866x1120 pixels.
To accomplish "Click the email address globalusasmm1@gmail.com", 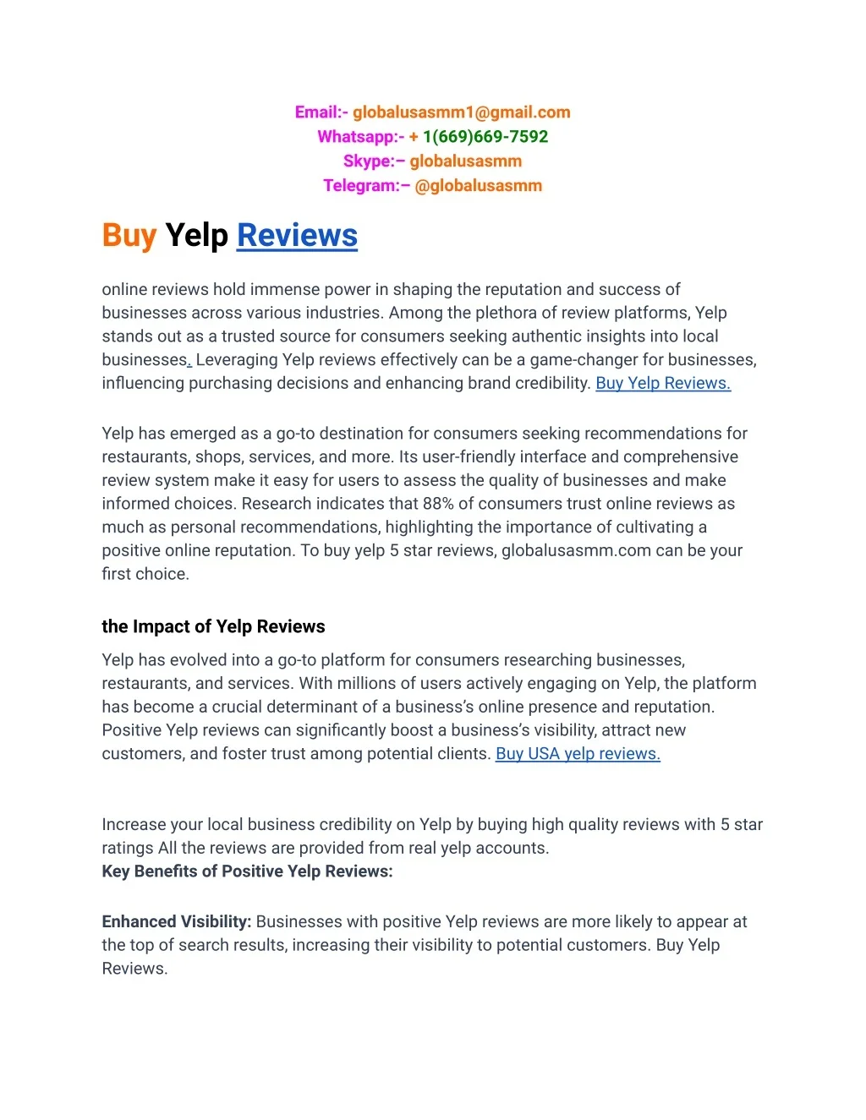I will coord(461,112).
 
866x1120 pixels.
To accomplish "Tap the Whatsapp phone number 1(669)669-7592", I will coord(485,137).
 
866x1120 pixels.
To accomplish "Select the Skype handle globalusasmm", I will coord(465,161).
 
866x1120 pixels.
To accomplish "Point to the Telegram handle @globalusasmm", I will coord(478,186).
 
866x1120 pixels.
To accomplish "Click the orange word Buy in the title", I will coord(129,236).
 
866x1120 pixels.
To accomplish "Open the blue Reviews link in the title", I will coord(297,236).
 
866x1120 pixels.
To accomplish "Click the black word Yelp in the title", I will coord(196,236).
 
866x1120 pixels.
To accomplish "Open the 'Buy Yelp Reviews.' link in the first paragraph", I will coord(663,384).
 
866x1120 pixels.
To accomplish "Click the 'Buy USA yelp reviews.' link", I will coord(578,754).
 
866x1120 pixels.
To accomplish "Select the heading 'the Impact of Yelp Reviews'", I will coord(213,627).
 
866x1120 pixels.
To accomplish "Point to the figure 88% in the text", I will coord(438,504).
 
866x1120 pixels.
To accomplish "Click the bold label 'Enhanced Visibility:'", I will coord(176,922).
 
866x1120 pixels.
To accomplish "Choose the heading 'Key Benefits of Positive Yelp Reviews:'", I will coord(247,871).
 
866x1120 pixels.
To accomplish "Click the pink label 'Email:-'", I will coord(321,112).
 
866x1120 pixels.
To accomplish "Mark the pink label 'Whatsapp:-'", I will coord(360,137).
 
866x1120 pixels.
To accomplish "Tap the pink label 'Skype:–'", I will coord(374,161).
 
